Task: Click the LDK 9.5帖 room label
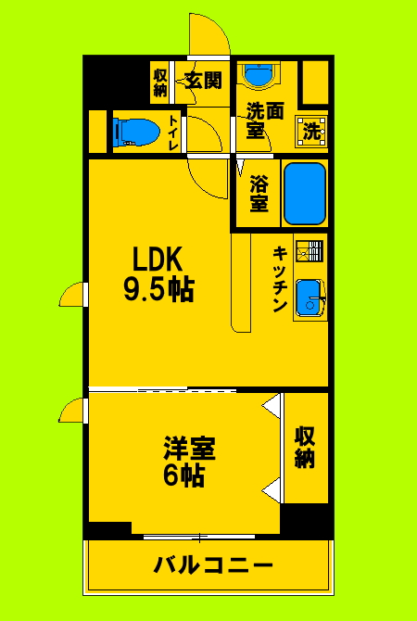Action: pos(158,273)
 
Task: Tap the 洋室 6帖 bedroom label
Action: pos(190,463)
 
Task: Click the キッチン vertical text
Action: pos(278,279)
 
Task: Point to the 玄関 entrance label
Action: pos(203,81)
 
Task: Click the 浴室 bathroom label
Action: pos(259,193)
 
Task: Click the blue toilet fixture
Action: pos(133,132)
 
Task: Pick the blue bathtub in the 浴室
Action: pos(304,193)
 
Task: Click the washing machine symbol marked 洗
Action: pos(312,132)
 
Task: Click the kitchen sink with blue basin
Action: pos(308,297)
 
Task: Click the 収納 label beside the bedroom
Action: pos(305,447)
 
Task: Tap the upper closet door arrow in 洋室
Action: pos(271,406)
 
